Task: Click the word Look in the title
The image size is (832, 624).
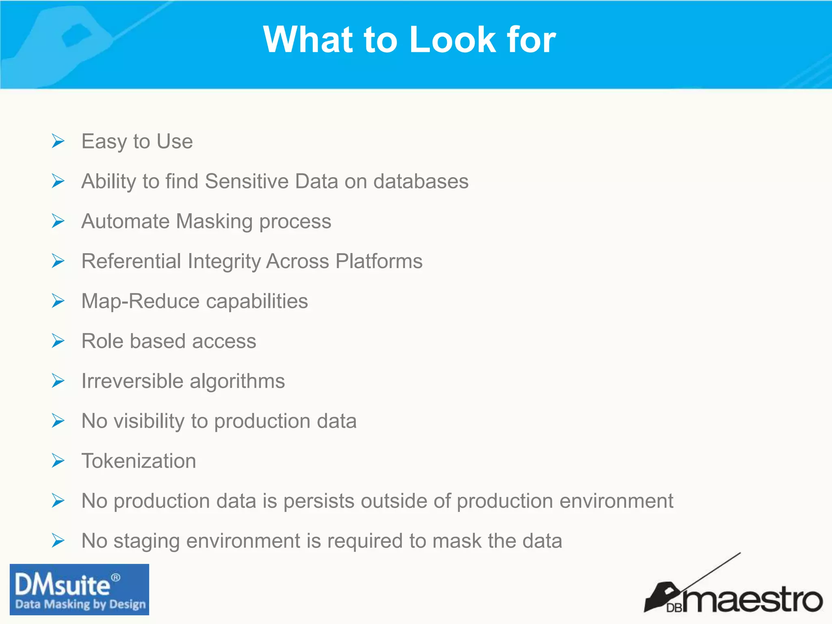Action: pyautogui.click(x=453, y=39)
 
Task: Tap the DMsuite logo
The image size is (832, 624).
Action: pyautogui.click(x=79, y=589)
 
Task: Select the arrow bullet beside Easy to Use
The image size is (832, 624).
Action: pyautogui.click(x=58, y=141)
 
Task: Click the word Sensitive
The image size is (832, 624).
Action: pyautogui.click(x=247, y=181)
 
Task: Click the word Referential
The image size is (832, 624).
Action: pyautogui.click(x=131, y=261)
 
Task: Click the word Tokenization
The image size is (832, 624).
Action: pyautogui.click(x=139, y=461)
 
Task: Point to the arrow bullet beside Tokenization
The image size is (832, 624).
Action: pyautogui.click(x=58, y=461)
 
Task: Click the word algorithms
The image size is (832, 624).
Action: pyautogui.click(x=237, y=381)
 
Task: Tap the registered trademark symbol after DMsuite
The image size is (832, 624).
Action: pyautogui.click(x=116, y=577)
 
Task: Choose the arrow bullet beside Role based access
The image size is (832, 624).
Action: pyautogui.click(x=58, y=341)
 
